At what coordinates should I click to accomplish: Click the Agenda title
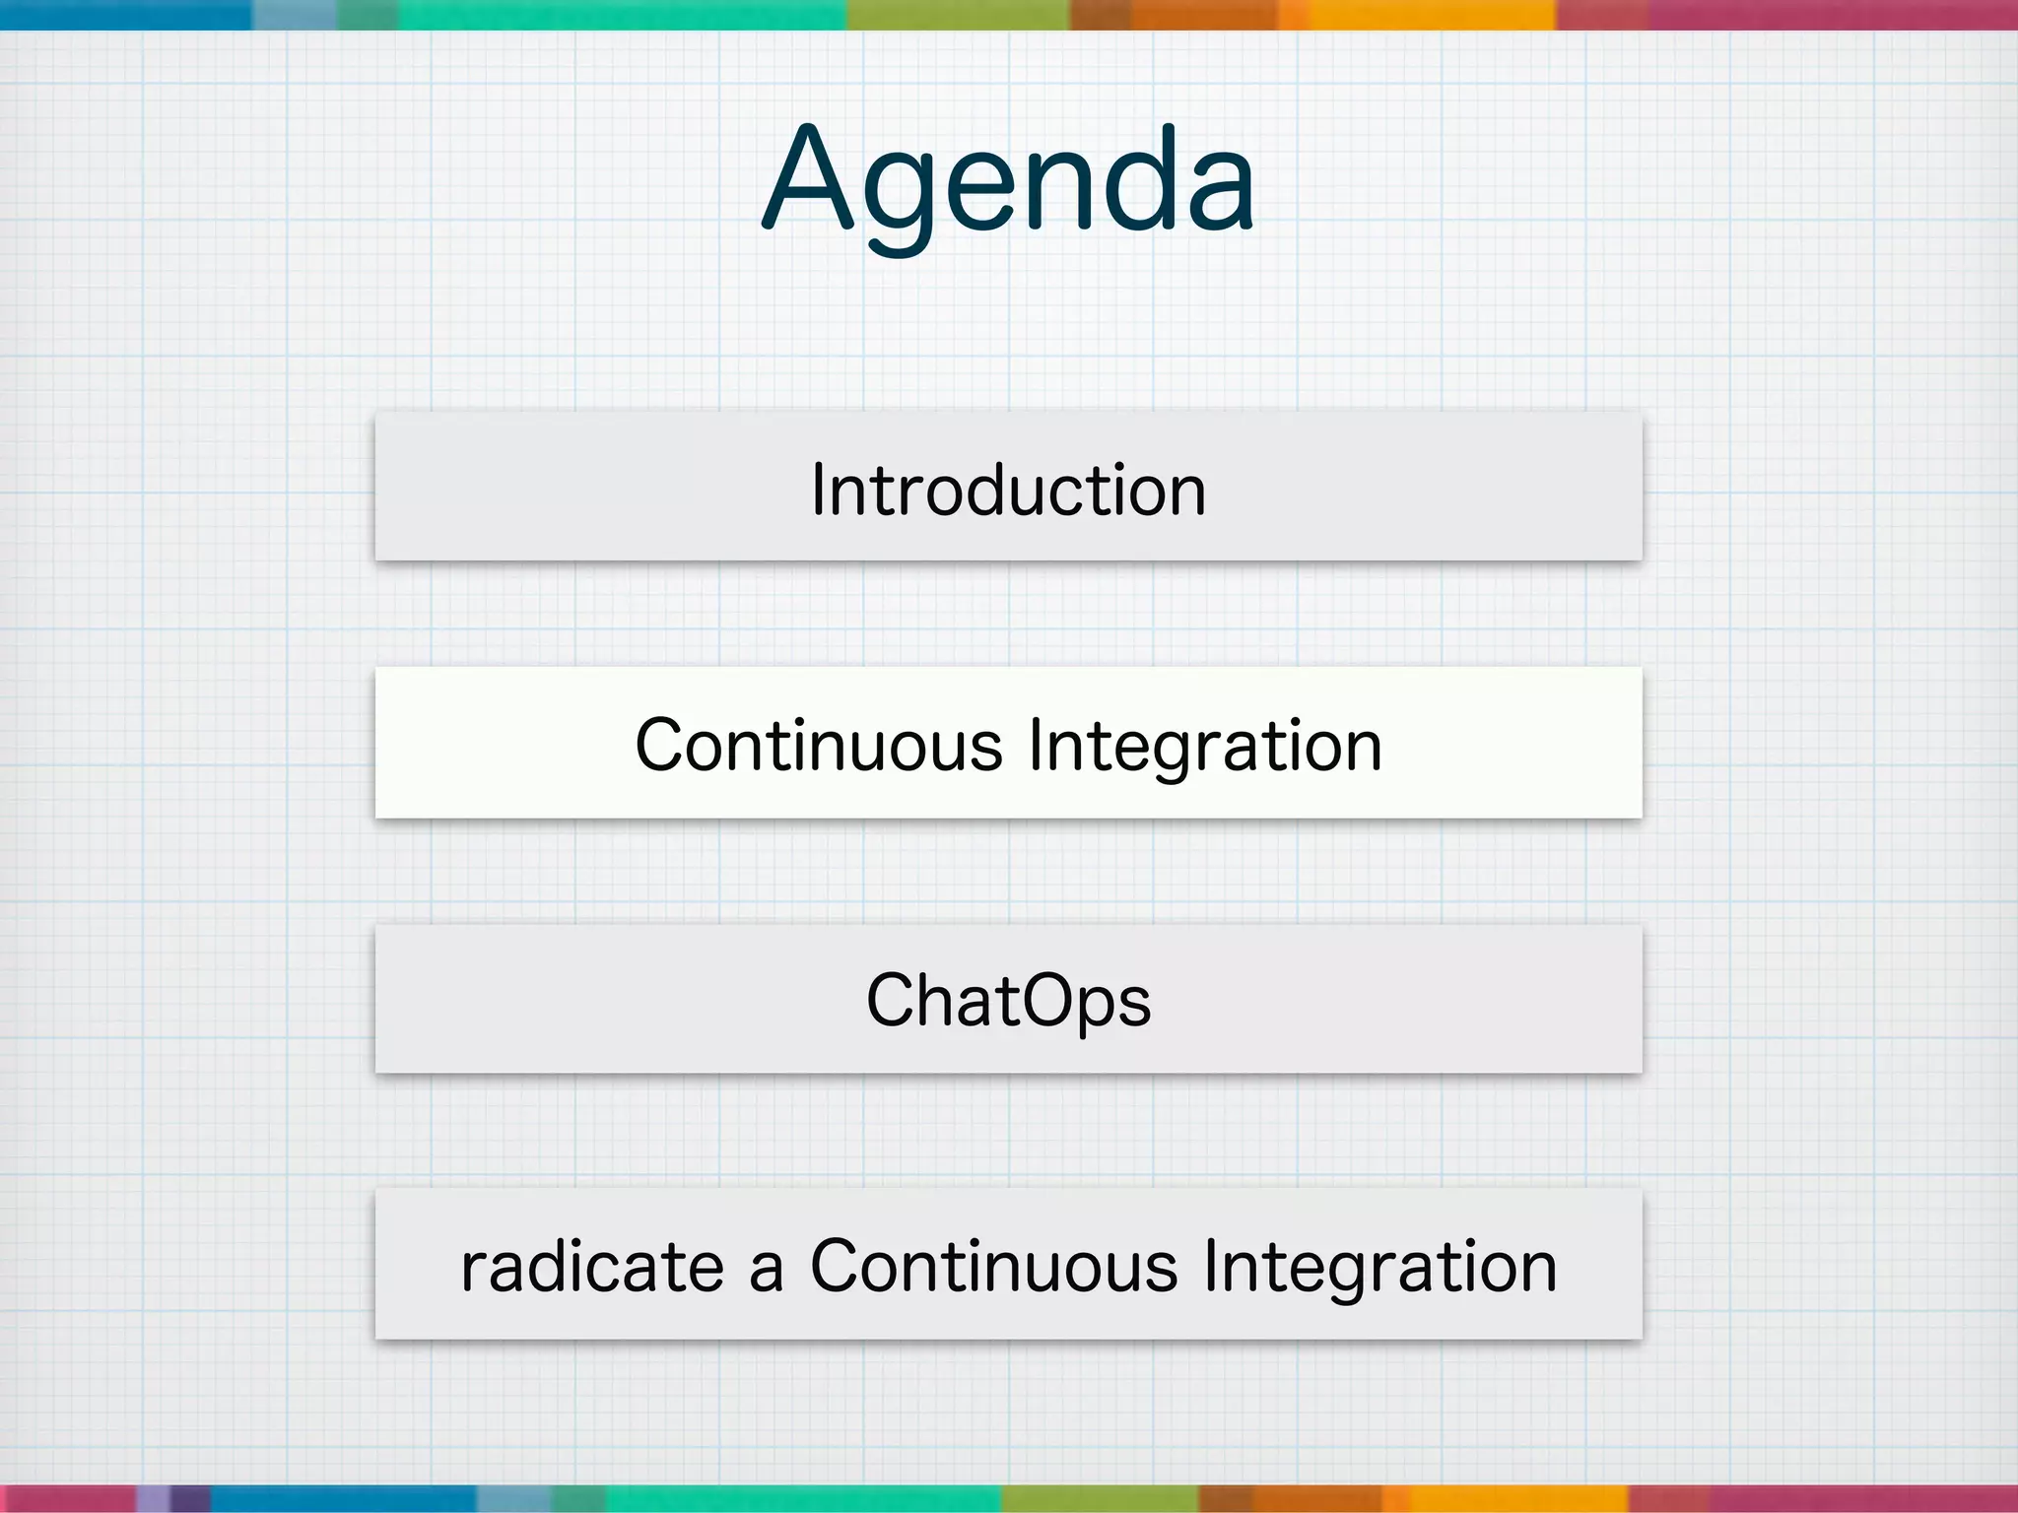[x=1009, y=182]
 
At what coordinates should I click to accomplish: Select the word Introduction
[x=1009, y=490]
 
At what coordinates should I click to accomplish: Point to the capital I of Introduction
[x=817, y=490]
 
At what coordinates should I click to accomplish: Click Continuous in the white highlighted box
[x=818, y=746]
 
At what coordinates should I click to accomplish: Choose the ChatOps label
[x=1009, y=1001]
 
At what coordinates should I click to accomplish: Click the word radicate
[x=592, y=1267]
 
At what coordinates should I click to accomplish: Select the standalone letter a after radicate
[x=767, y=1271]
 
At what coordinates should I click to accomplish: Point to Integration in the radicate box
[x=1379, y=1267]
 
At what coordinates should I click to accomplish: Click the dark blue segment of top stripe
[x=126, y=14]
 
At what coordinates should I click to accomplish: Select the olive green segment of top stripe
[x=958, y=14]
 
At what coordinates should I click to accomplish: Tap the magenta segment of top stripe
[x=1833, y=14]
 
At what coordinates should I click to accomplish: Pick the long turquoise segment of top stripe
[x=621, y=14]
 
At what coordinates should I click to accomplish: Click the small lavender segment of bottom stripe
[x=153, y=1498]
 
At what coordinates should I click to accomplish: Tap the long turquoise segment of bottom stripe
[x=803, y=1498]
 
